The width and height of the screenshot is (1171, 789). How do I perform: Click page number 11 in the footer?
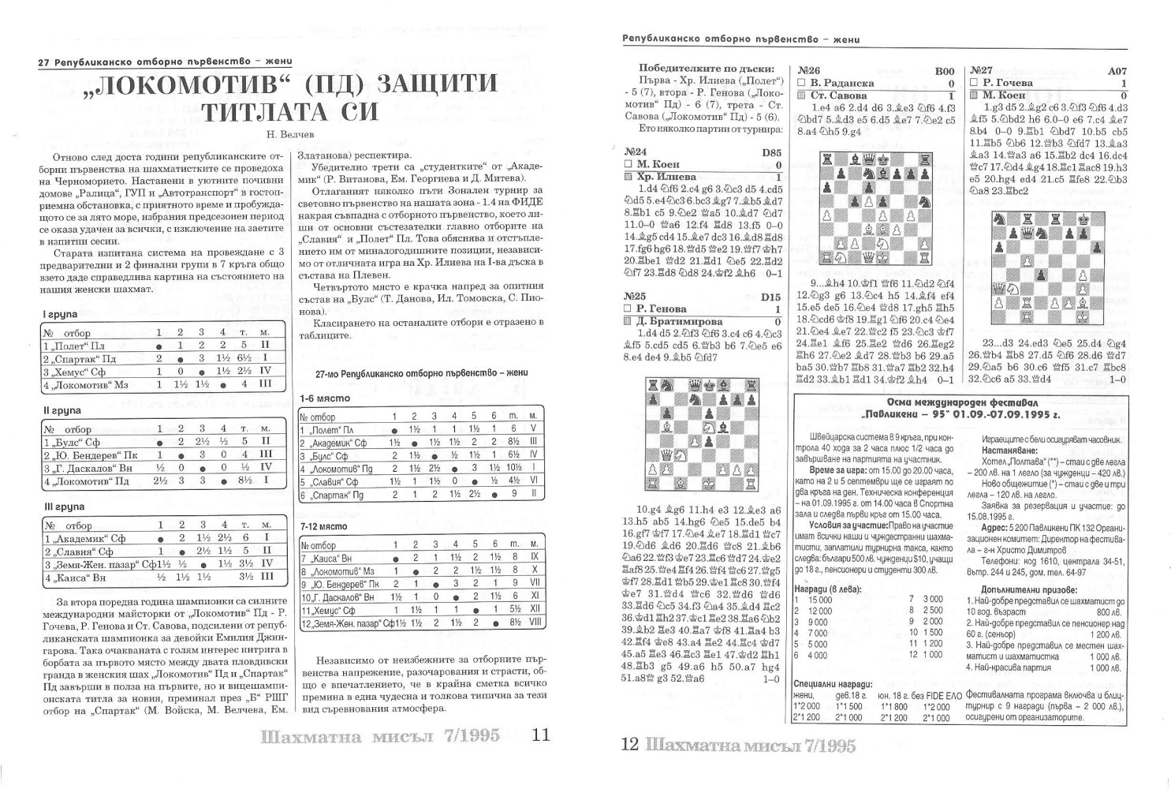point(542,735)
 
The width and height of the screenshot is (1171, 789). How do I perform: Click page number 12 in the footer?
point(629,744)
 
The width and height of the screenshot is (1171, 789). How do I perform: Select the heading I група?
point(60,314)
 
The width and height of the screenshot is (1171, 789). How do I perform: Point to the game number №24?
point(636,151)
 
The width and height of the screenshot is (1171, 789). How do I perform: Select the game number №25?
point(636,297)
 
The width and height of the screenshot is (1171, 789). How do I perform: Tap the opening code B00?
point(944,71)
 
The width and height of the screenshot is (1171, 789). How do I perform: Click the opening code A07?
point(1117,71)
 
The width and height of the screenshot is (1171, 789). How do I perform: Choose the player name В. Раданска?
point(842,83)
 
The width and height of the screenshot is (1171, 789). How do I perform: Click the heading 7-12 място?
point(323,526)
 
